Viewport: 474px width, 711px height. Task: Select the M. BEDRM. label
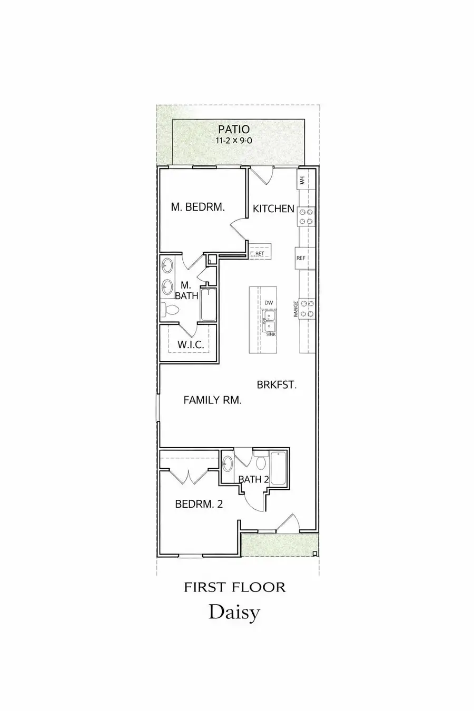pyautogui.click(x=198, y=208)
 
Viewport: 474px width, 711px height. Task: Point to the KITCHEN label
pyautogui.click(x=273, y=209)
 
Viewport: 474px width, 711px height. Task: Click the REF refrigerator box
pyautogui.click(x=301, y=258)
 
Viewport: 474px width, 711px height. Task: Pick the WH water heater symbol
pyautogui.click(x=302, y=180)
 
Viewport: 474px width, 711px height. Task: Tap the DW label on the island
pyautogui.click(x=269, y=302)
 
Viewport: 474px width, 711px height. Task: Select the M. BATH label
pyautogui.click(x=186, y=291)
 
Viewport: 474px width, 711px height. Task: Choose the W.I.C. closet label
pyautogui.click(x=190, y=345)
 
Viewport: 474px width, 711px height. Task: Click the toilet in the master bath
pyautogui.click(x=170, y=311)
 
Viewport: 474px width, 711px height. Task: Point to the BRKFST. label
pyautogui.click(x=276, y=385)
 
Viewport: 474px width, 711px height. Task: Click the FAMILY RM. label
pyautogui.click(x=212, y=400)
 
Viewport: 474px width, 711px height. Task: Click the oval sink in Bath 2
pyautogui.click(x=228, y=464)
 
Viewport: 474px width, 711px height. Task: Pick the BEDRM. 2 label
pyautogui.click(x=199, y=504)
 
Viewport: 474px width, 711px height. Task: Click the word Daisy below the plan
pyautogui.click(x=234, y=612)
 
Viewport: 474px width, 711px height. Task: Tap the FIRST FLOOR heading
pyautogui.click(x=234, y=587)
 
